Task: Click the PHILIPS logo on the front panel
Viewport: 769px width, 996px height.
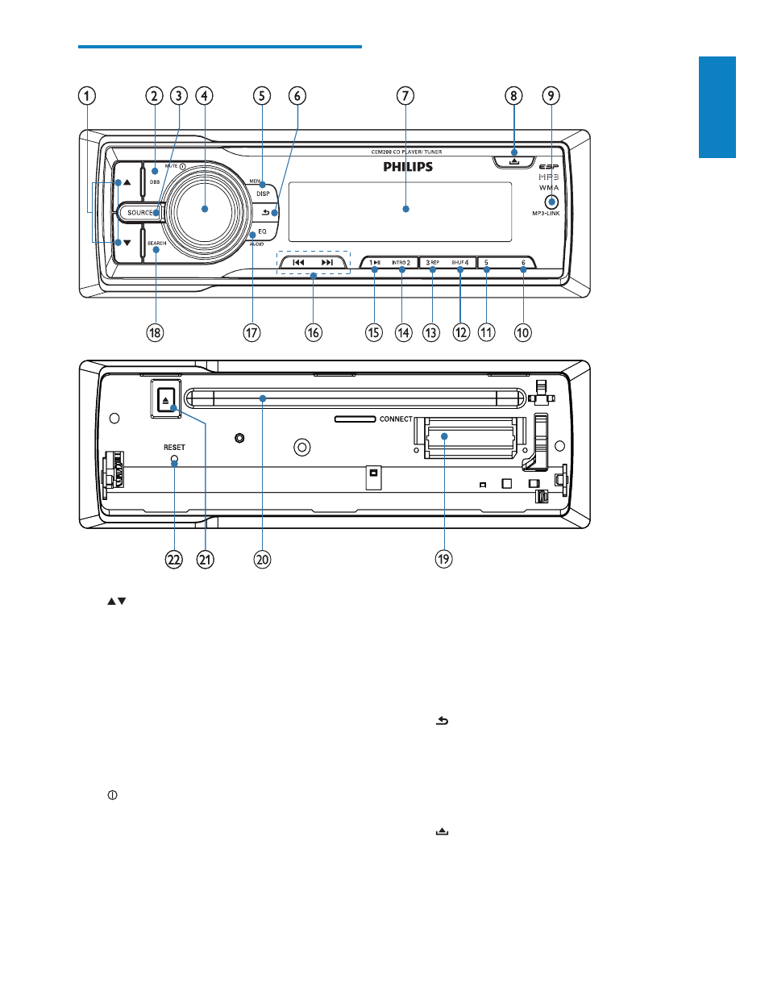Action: (x=408, y=167)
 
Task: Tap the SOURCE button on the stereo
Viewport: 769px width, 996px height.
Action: (x=140, y=213)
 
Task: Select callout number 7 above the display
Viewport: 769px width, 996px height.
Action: (x=405, y=96)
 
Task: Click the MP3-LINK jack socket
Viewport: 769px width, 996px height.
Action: (x=551, y=201)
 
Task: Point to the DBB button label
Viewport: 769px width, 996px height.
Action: (x=155, y=182)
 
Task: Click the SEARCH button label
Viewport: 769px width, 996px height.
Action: (x=156, y=244)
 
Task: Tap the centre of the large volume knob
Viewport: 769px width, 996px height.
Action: (x=205, y=209)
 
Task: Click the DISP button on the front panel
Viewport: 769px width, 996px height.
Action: (x=263, y=194)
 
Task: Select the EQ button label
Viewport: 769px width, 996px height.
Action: (x=262, y=231)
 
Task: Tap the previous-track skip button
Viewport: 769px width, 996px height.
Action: (x=298, y=262)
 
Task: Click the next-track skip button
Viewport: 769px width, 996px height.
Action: (x=327, y=262)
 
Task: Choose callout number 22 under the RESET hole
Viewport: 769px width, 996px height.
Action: (x=174, y=559)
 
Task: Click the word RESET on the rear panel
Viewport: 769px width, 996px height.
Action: (x=174, y=448)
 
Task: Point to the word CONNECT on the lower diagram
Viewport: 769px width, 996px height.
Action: (x=396, y=419)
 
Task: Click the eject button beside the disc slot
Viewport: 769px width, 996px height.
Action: (x=166, y=399)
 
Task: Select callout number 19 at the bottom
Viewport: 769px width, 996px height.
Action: (x=443, y=559)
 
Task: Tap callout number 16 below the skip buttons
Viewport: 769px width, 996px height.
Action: (x=313, y=332)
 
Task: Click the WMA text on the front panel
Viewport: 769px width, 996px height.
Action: (x=549, y=188)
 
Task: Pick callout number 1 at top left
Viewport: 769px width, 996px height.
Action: (x=86, y=96)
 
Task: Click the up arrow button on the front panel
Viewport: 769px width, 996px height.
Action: (x=127, y=182)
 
